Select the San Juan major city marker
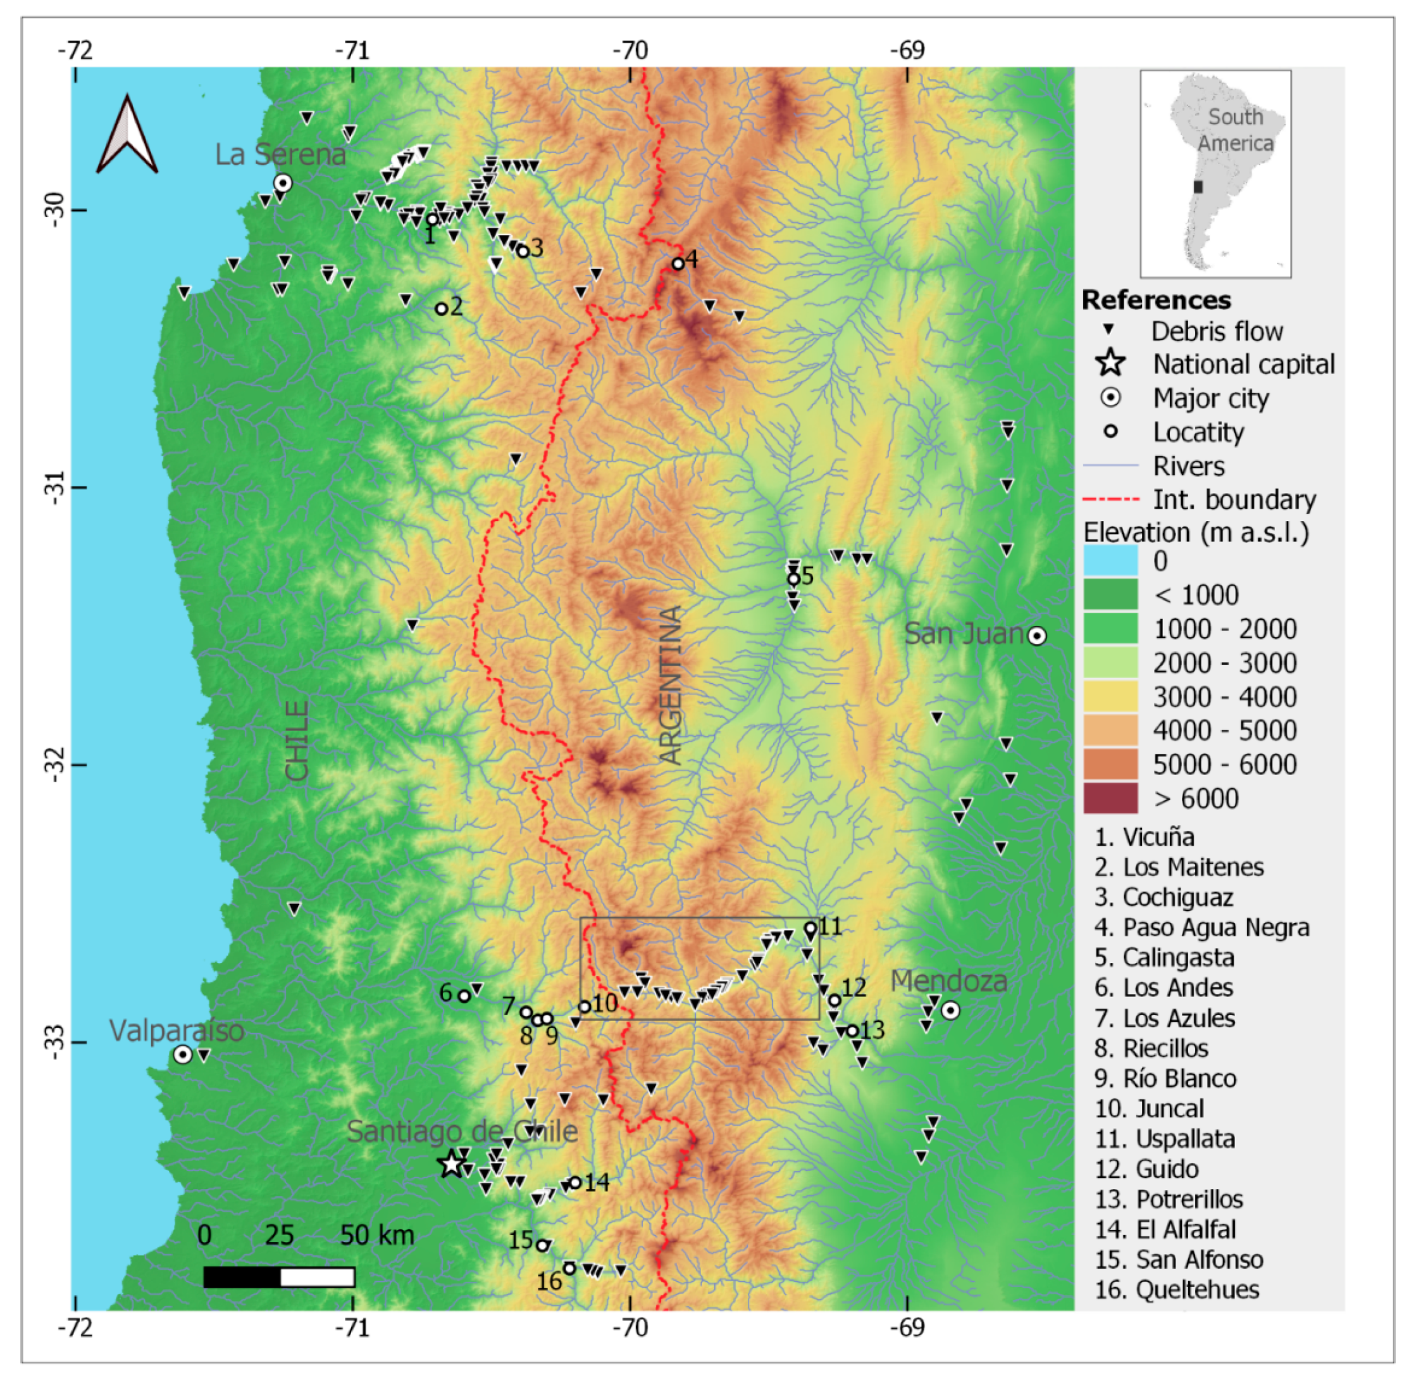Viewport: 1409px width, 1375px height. tap(1036, 636)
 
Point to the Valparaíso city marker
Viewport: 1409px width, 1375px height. tap(183, 1055)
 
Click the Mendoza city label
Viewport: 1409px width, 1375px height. tap(948, 981)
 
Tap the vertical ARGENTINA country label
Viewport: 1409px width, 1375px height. tap(671, 684)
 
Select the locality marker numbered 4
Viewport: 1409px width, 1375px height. tap(677, 263)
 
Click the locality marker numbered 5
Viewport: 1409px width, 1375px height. tap(793, 579)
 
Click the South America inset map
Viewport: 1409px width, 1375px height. tap(1215, 173)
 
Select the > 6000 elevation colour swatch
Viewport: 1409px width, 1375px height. tap(1110, 798)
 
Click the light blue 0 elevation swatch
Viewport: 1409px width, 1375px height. tap(1110, 560)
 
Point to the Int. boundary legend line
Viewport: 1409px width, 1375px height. tap(1110, 499)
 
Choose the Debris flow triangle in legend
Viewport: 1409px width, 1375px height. tap(1110, 330)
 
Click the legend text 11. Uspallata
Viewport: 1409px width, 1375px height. tap(1164, 1139)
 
